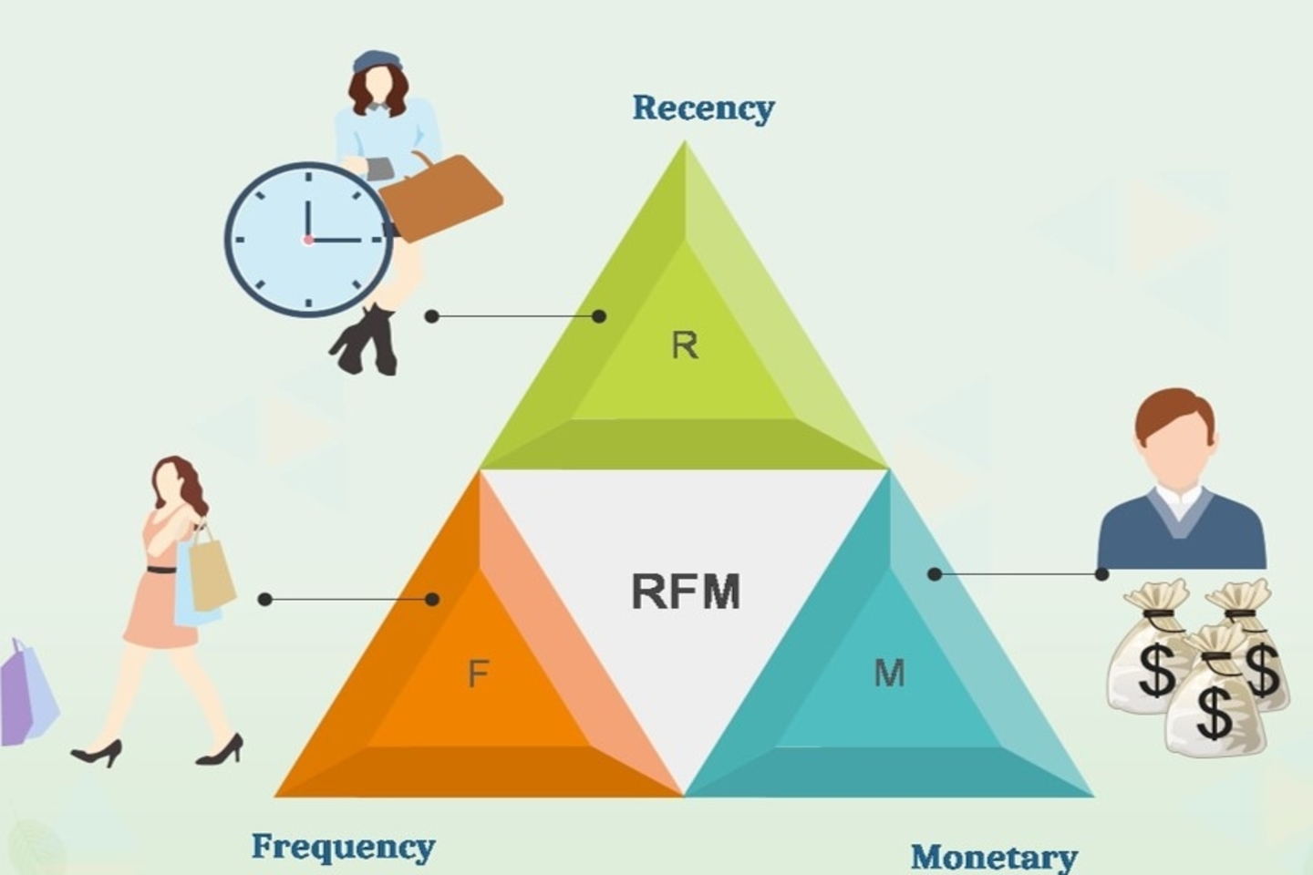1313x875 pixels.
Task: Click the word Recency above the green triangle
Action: tap(703, 108)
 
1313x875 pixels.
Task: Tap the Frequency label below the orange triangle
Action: tap(344, 848)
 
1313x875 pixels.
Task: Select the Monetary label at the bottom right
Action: tap(994, 858)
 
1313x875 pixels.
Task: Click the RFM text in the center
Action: tap(686, 592)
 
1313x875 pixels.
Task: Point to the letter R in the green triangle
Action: tap(685, 345)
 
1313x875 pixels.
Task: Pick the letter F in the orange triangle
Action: tap(479, 673)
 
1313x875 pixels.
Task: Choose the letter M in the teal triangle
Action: tap(889, 673)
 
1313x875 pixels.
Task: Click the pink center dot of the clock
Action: tap(308, 240)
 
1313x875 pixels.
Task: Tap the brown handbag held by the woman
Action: tap(440, 196)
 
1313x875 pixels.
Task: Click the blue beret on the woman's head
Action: tap(377, 61)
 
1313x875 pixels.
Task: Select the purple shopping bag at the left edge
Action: tap(26, 693)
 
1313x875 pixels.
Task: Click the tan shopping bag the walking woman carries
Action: tap(212, 575)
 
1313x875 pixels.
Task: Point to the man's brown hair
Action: tap(1174, 414)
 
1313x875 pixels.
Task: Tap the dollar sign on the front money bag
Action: tap(1214, 713)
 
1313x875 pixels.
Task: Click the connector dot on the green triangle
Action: tap(598, 316)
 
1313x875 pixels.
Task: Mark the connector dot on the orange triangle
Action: tap(432, 599)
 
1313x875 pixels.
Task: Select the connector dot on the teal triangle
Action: tap(935, 574)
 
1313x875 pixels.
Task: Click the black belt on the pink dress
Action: tap(161, 570)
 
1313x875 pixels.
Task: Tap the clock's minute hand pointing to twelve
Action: tap(308, 219)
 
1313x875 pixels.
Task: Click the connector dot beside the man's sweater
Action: tap(1102, 574)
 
